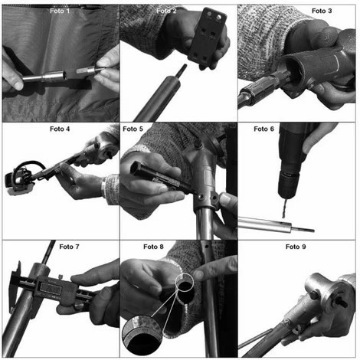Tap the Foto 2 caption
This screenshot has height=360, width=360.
point(166,11)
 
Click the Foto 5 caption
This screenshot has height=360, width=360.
point(133,129)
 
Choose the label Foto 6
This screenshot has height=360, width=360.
point(264,129)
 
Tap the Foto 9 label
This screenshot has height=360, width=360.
point(296,247)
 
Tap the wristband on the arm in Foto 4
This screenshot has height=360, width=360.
point(110,189)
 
